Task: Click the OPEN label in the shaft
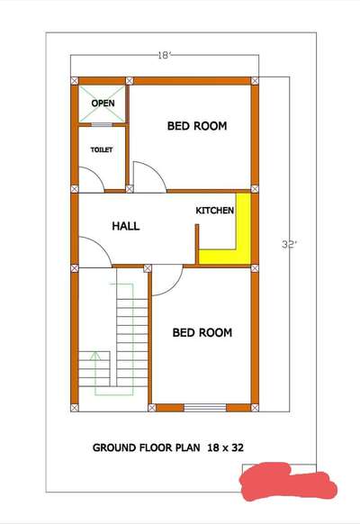(103, 104)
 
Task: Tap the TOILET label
(102, 149)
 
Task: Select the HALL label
(126, 226)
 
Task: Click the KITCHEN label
(214, 211)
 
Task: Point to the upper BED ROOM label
(197, 126)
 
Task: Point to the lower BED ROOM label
(202, 332)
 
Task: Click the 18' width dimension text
(165, 55)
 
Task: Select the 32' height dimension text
(289, 245)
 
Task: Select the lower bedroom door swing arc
(175, 287)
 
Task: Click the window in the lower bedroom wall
(205, 408)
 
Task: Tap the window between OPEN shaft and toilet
(102, 125)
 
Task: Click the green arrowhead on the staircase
(95, 355)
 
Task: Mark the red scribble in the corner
(288, 481)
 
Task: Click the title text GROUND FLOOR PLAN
(147, 447)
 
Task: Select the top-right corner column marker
(255, 80)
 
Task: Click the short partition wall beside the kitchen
(197, 244)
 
